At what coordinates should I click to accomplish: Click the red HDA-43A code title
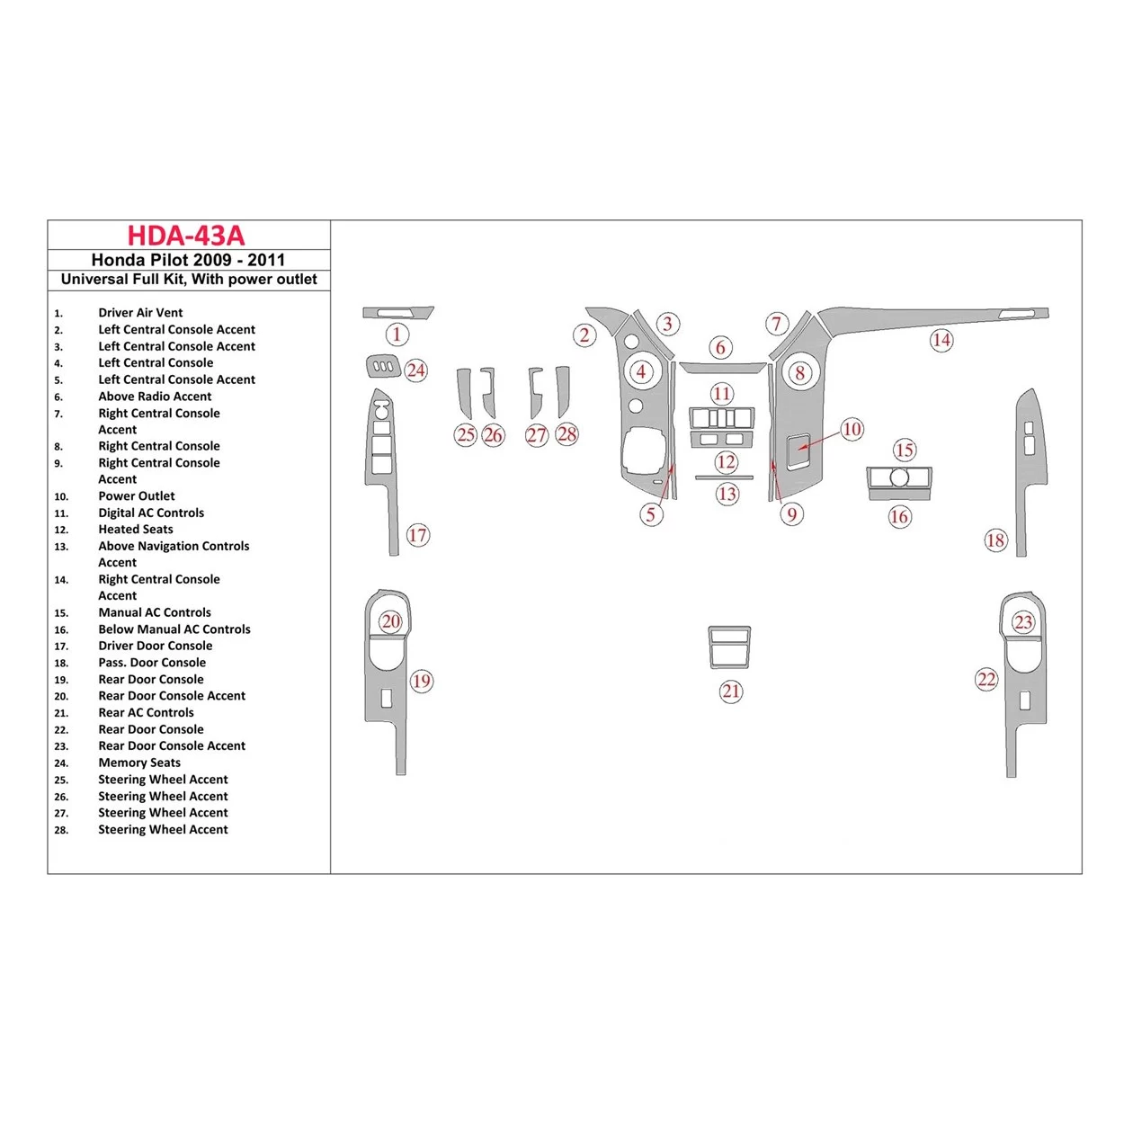click(x=186, y=236)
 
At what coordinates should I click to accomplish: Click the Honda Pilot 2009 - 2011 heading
click(x=188, y=260)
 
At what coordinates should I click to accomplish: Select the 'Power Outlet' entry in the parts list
click(x=137, y=496)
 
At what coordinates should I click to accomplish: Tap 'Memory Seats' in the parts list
click(x=139, y=763)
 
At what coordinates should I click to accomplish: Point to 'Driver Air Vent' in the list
click(x=140, y=313)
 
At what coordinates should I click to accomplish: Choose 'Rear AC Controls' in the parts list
click(x=146, y=712)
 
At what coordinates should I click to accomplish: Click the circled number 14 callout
click(x=941, y=340)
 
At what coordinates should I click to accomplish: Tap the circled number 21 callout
click(x=731, y=691)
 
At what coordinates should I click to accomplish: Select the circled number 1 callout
click(x=397, y=335)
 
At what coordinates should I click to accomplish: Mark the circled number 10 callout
click(x=852, y=429)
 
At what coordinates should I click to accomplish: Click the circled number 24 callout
click(x=415, y=370)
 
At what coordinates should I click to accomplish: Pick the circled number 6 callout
click(x=720, y=347)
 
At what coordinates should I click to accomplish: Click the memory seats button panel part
click(x=382, y=366)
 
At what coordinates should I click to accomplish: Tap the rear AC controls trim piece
click(x=728, y=647)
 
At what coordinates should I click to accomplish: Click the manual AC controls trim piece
click(x=899, y=477)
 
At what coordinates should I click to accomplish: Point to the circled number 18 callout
click(x=995, y=540)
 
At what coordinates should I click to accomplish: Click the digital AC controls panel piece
click(x=721, y=418)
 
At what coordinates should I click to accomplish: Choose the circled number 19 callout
click(x=422, y=681)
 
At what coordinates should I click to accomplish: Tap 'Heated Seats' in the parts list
click(x=136, y=530)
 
